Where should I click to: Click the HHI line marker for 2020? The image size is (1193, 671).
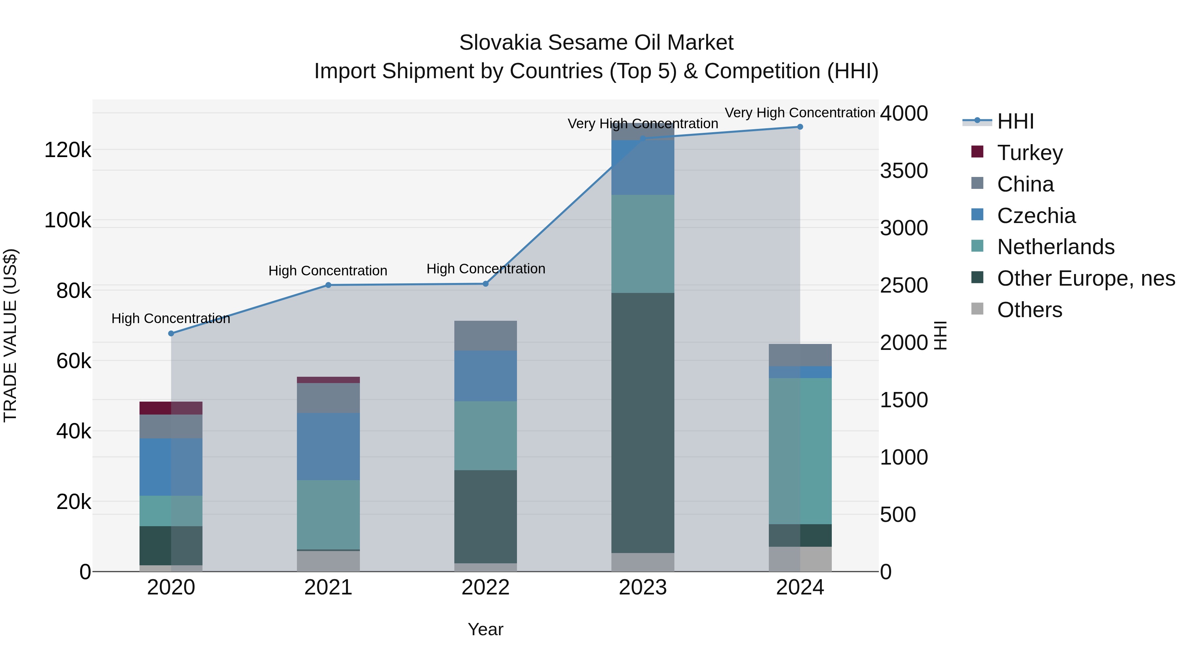coord(171,333)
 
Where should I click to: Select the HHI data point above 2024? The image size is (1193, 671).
coord(800,127)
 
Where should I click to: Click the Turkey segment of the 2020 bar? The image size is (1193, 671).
coord(171,408)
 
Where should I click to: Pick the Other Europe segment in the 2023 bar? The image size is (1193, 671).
coord(643,422)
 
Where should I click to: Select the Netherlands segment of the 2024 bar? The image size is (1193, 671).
coord(800,451)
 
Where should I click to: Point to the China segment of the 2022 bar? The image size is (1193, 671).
coord(485,336)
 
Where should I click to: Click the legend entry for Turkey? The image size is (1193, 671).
coord(1030,153)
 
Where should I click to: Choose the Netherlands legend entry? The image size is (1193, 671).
coord(1055,247)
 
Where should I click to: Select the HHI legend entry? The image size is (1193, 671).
coord(1015,121)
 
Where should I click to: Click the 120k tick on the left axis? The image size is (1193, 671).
coord(68,150)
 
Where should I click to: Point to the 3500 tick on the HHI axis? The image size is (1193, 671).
coord(904,171)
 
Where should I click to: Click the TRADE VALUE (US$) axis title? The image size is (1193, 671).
coord(10,335)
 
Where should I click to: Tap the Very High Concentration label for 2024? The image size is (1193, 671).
coord(800,113)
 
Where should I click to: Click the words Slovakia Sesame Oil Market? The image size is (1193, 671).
coord(596,43)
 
